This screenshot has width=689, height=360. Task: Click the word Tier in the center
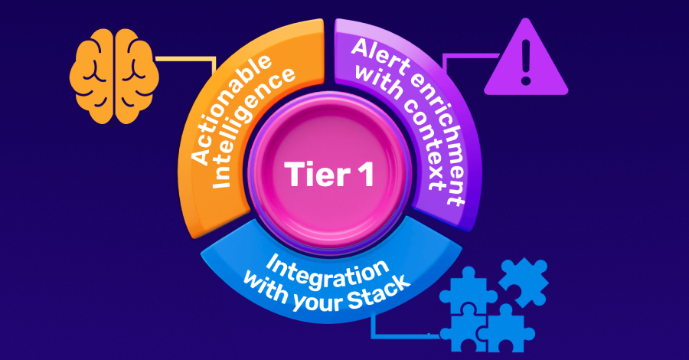tap(313, 175)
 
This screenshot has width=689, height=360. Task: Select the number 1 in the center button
tap(364, 175)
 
